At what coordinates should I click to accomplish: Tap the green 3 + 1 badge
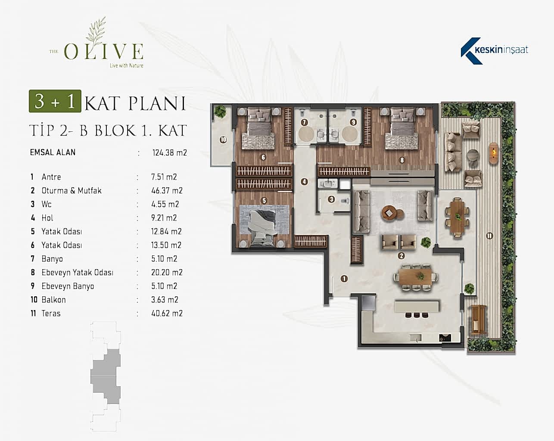[x=55, y=101]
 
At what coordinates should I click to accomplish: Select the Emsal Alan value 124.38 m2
[x=169, y=152]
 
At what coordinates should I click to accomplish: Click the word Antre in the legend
[x=51, y=177]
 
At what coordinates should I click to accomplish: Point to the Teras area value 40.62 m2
[x=167, y=314]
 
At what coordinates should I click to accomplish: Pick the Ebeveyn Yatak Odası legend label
[x=77, y=272]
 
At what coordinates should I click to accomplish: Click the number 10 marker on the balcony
[x=223, y=140]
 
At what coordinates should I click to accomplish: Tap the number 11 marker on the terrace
[x=489, y=236]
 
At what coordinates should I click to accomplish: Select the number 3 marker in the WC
[x=331, y=199]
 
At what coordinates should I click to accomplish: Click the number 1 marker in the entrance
[x=344, y=278]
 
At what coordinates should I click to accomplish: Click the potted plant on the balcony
[x=221, y=112]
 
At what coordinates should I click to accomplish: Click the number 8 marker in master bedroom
[x=402, y=160]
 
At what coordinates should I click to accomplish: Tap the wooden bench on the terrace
[x=479, y=320]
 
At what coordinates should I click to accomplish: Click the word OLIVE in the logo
[x=103, y=52]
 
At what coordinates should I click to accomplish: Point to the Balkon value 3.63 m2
[x=165, y=300]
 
